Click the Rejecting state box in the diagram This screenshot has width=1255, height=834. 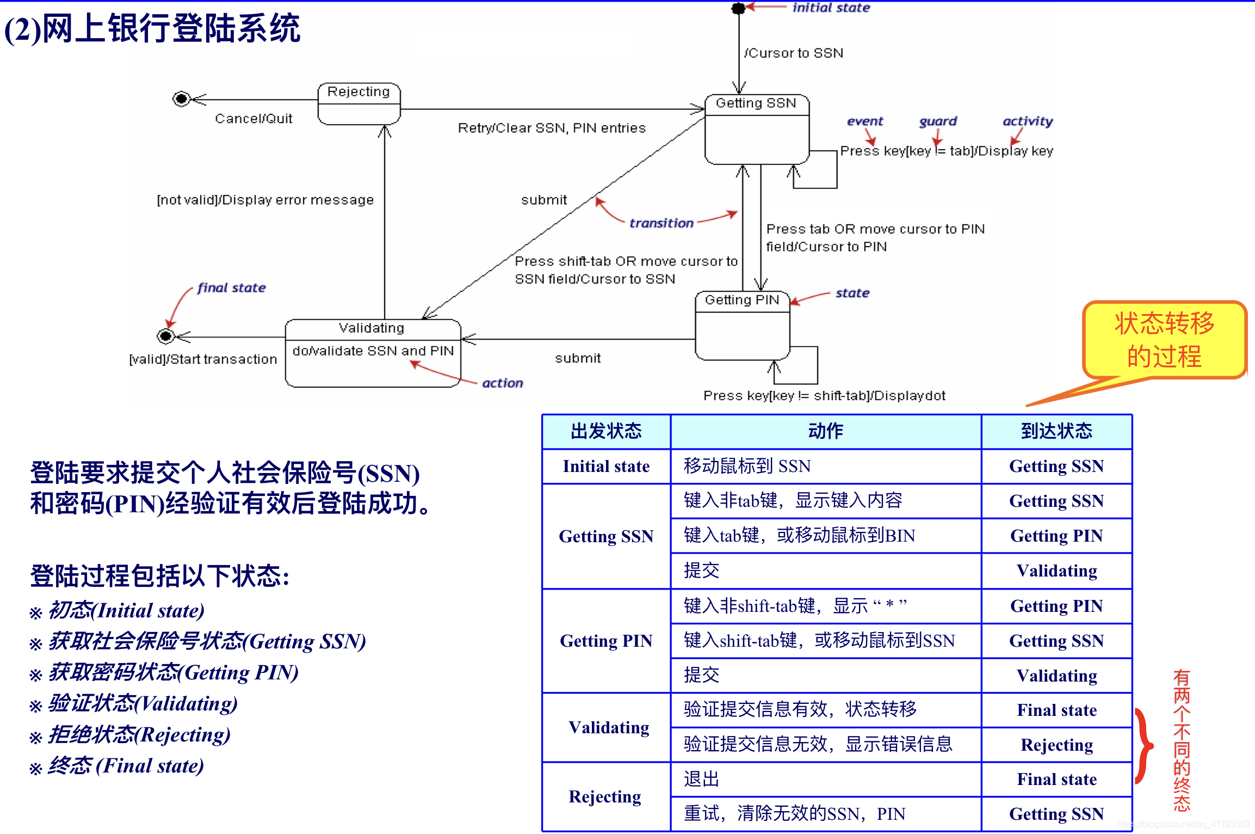(x=358, y=103)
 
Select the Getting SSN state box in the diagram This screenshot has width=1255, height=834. (x=756, y=130)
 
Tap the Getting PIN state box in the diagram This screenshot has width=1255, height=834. (x=742, y=326)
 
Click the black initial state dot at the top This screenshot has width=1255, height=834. (x=738, y=8)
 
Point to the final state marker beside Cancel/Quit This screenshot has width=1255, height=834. (x=181, y=99)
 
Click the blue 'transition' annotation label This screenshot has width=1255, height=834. (x=661, y=223)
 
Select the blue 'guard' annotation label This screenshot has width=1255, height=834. (x=937, y=121)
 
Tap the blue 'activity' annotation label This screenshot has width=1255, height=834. (x=1027, y=121)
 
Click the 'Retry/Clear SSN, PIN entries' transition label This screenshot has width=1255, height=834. (x=552, y=128)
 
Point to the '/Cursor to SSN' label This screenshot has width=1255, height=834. (x=794, y=53)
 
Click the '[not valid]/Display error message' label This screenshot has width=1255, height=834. (x=265, y=200)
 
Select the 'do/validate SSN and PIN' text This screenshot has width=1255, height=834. (x=373, y=351)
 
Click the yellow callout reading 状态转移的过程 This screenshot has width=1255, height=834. (x=1164, y=340)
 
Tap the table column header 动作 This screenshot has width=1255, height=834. (x=825, y=431)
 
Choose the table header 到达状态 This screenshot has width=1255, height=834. (x=1056, y=431)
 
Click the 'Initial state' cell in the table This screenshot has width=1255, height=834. (x=606, y=467)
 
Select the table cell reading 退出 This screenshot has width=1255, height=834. (x=701, y=779)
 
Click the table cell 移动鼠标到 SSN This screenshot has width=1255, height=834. (x=747, y=467)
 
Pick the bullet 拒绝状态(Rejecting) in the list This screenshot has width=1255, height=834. (x=139, y=735)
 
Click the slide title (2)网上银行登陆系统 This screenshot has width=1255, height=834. (x=152, y=28)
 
